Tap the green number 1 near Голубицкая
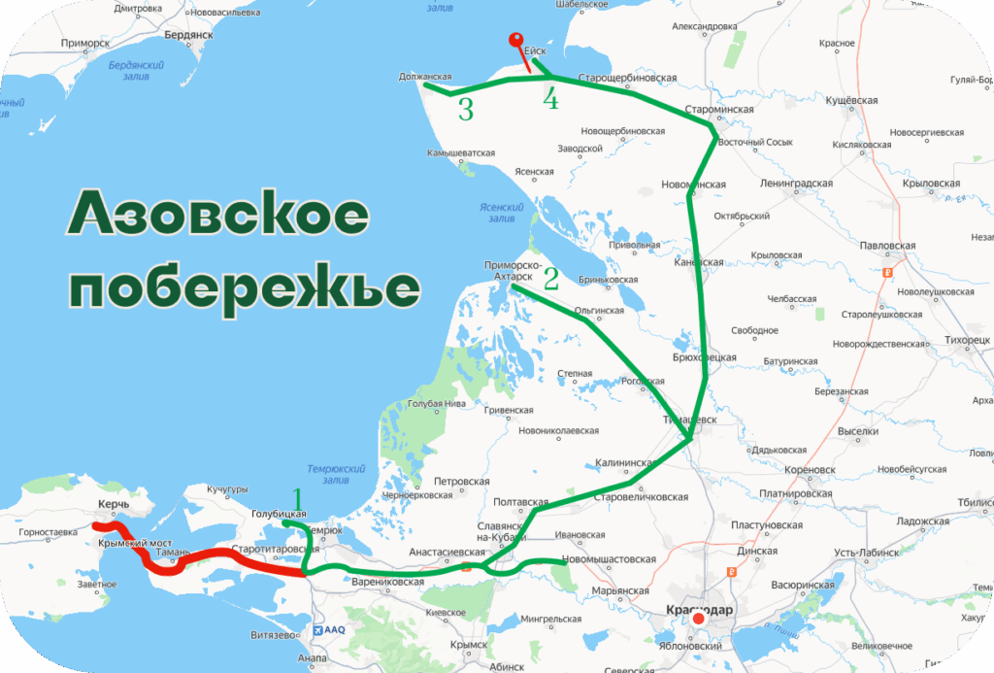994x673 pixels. [x=299, y=500]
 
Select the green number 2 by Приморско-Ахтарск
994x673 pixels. [x=550, y=280]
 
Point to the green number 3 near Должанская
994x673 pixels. [x=466, y=109]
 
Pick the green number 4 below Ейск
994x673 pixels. [x=551, y=99]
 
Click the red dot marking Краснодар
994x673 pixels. [x=698, y=619]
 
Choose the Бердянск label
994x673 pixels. [x=188, y=34]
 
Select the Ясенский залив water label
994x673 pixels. [x=502, y=212]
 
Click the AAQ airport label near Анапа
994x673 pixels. [x=335, y=629]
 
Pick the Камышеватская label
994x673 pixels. [x=460, y=152]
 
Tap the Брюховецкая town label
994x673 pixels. [x=704, y=357]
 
